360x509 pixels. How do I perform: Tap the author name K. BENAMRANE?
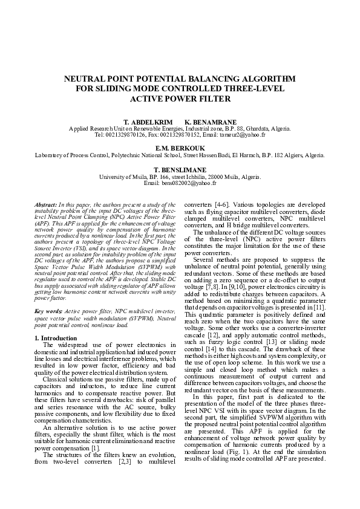coord(211,122)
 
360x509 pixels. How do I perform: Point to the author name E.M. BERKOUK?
coord(180,148)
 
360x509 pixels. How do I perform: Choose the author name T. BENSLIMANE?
coord(180,170)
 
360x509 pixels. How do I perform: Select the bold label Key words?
coord(50,310)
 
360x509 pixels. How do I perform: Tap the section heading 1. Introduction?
coord(56,338)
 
